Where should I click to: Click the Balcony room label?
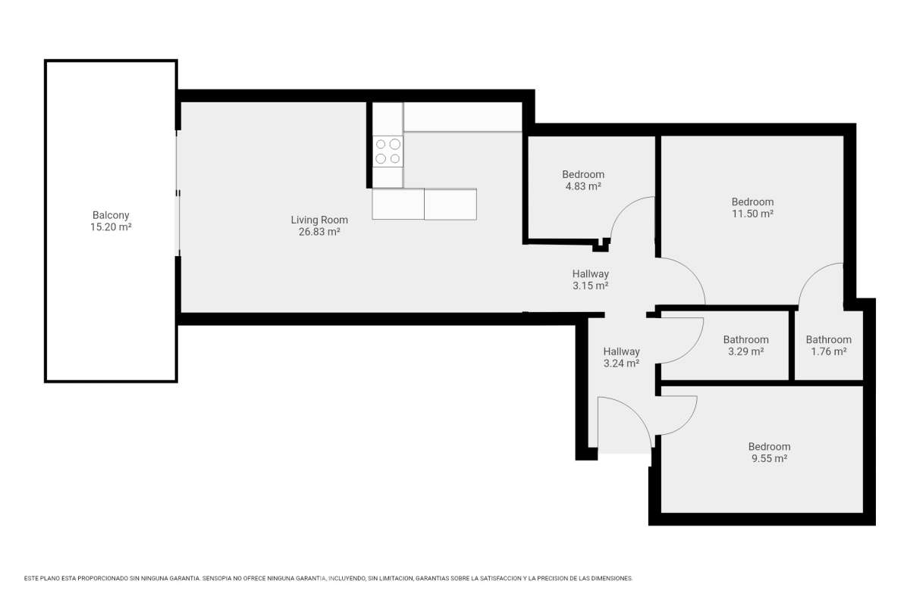pos(111,215)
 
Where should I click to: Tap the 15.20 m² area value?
pos(111,227)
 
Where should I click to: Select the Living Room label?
pos(319,220)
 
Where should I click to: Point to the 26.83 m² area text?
pos(319,232)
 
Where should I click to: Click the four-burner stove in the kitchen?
pos(388,151)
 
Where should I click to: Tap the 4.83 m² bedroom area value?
pos(583,186)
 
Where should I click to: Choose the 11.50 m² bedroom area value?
pos(752,214)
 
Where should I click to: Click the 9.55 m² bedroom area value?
pos(770,458)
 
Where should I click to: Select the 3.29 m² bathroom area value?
pos(746,351)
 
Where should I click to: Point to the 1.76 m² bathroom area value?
pos(829,351)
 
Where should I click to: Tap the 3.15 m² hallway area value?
pos(590,286)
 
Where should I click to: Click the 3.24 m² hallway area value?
pos(621,363)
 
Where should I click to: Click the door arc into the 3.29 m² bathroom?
pos(690,350)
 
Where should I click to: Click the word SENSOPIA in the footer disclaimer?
pos(216,579)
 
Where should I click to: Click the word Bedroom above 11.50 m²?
pos(752,201)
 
